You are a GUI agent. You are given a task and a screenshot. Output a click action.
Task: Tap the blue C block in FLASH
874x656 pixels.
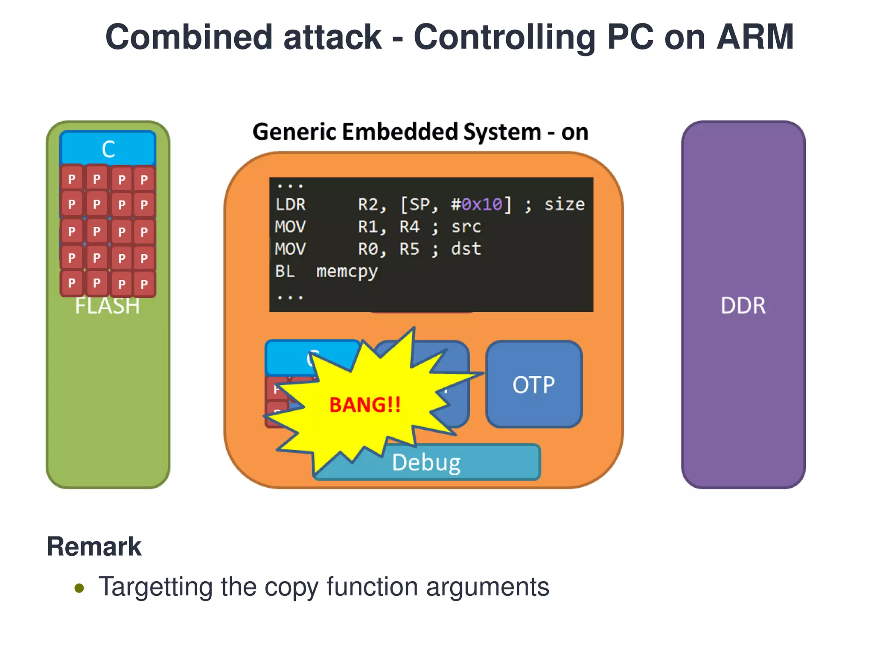[108, 149]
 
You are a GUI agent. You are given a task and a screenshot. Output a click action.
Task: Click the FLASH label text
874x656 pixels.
[108, 306]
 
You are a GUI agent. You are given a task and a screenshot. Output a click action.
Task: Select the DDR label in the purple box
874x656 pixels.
[743, 306]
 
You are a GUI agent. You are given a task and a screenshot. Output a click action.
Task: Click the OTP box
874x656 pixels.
[533, 384]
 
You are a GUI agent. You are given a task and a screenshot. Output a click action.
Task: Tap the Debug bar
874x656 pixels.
[427, 463]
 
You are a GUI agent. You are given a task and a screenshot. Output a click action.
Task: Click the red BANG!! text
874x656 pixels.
[365, 405]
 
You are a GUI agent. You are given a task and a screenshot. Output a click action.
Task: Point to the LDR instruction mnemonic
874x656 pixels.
[290, 205]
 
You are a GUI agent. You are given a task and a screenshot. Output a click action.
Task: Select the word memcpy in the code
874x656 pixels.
[347, 272]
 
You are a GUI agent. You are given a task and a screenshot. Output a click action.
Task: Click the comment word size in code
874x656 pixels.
[564, 205]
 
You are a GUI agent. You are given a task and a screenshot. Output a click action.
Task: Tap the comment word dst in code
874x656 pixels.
[466, 249]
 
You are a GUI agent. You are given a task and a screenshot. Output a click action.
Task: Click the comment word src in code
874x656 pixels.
[466, 227]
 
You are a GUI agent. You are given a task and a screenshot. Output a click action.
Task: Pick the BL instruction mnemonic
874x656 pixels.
[285, 271]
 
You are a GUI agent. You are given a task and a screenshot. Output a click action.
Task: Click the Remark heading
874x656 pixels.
[94, 547]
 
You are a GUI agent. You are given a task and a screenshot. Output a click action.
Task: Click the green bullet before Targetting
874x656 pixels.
[79, 588]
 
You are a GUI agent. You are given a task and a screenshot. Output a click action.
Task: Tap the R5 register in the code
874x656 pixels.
[409, 249]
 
